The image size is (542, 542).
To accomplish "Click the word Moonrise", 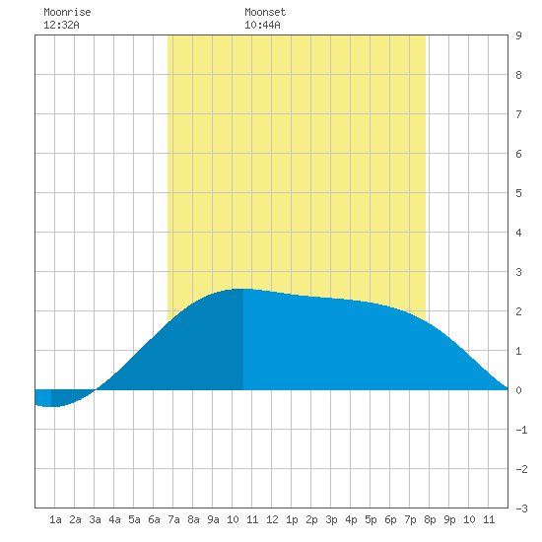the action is coord(67,12).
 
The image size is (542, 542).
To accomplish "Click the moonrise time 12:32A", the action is coord(61,25).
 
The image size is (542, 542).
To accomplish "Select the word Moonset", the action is coord(265,12).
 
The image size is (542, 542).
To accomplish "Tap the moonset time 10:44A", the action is coord(262,25).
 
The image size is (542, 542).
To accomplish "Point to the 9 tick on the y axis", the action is coord(518,35).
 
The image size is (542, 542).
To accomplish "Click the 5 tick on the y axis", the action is coord(518,193).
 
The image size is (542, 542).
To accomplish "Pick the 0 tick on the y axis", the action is coord(518,390).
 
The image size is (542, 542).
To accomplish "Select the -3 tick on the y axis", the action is coord(521,508).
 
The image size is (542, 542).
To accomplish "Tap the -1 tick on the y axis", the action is coord(521,430).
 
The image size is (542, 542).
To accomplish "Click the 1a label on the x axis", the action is coord(55,519).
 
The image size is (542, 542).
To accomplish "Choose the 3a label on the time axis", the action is coord(95,519).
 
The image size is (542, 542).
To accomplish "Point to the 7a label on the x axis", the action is coord(173,519).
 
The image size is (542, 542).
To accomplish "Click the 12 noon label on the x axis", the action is coord(272,519).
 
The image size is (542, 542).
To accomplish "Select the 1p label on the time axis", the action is coord(292,519).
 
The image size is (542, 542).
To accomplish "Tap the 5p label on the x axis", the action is coord(371,519).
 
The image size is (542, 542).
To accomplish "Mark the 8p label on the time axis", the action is coord(430,519).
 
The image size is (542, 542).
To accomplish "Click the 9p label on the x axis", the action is coord(449,519).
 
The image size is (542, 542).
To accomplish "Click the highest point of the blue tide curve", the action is coord(243,289).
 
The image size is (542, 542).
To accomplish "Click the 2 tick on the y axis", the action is coord(518,311).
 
